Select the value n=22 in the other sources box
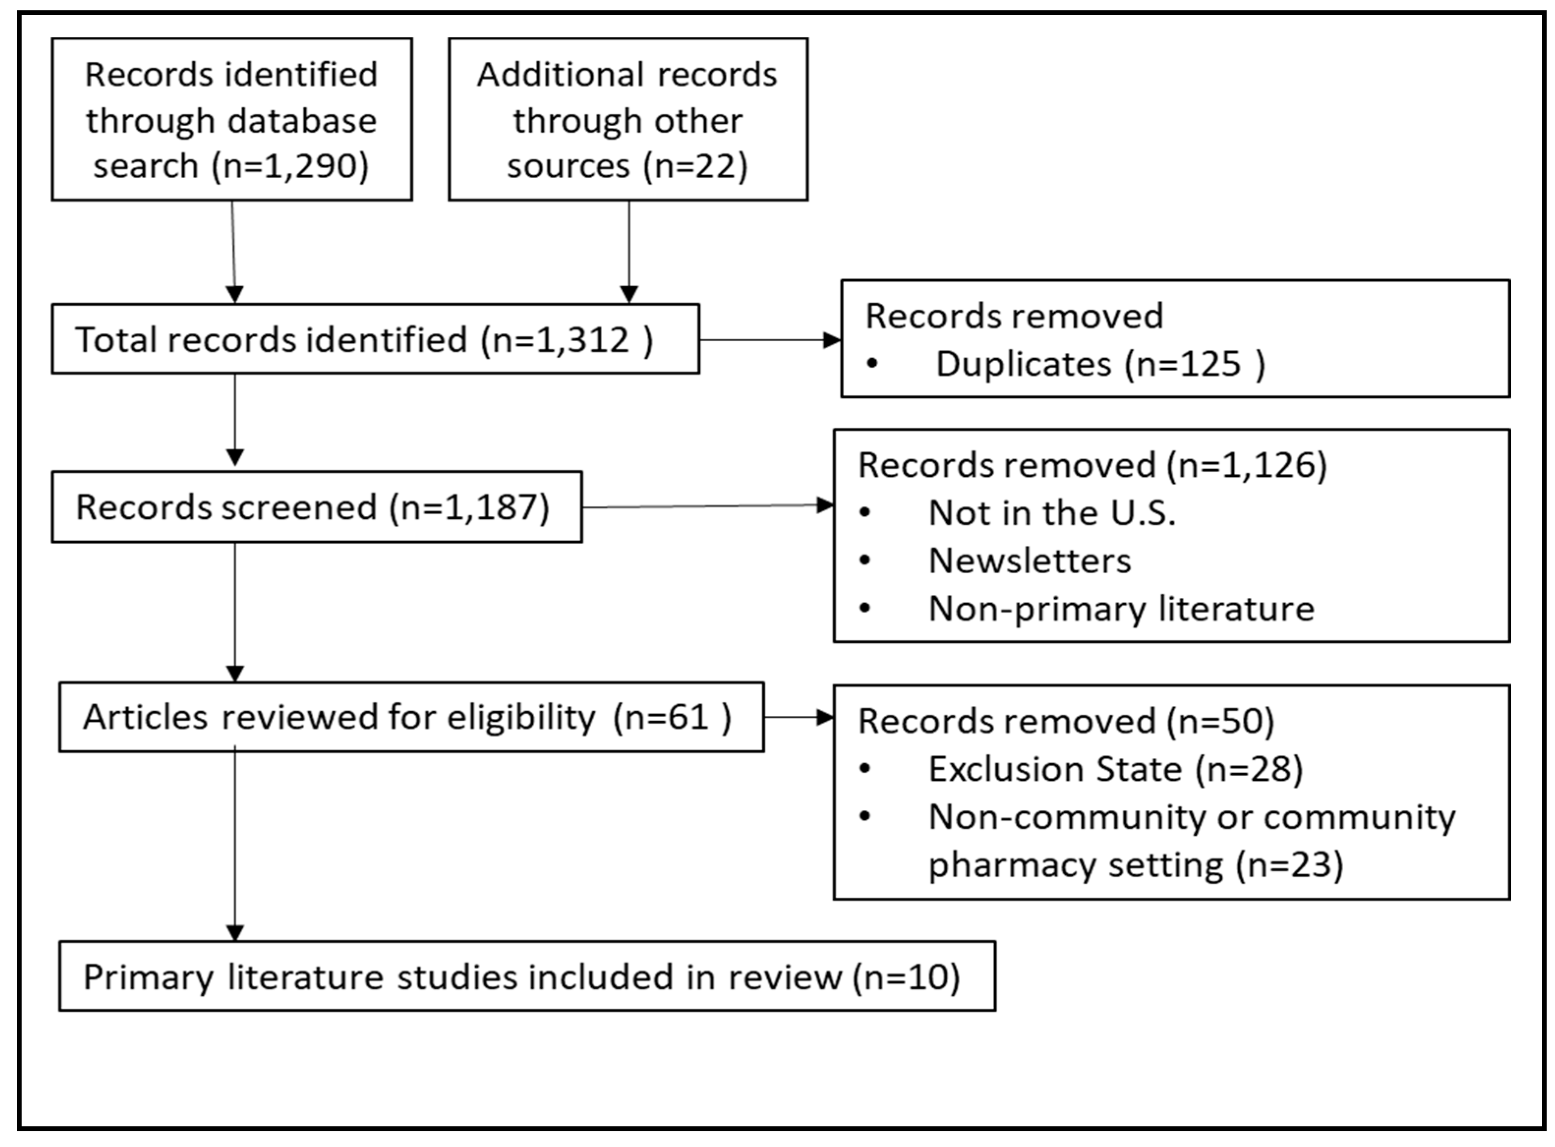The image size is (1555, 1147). coord(695,167)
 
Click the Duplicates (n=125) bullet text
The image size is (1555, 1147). coord(1100,364)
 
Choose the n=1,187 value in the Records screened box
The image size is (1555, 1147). coord(469,507)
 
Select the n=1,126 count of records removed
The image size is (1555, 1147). coord(1246,465)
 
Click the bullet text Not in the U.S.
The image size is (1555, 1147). coord(1051,514)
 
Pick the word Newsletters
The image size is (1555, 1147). coord(1029,561)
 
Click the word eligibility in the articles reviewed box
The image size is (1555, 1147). coord(520,717)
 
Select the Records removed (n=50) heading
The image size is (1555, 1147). coord(1065,721)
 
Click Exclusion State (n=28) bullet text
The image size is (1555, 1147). coord(1115,769)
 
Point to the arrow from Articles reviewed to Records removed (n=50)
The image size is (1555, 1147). coord(798,717)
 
